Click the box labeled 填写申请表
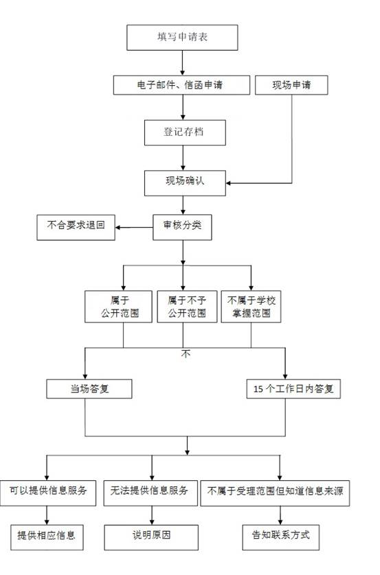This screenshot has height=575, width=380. (x=182, y=38)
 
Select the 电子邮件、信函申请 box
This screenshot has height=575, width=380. (x=181, y=85)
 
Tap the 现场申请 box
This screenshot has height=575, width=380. (x=291, y=85)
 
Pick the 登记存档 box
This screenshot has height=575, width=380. (x=185, y=132)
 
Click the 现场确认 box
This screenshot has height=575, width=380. (x=185, y=183)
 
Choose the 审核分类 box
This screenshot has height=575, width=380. (x=182, y=227)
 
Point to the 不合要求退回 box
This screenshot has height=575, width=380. (x=76, y=227)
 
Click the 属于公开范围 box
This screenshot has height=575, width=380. (x=118, y=307)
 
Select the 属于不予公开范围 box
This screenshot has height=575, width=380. (x=187, y=307)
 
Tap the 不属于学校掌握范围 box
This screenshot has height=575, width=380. (x=251, y=307)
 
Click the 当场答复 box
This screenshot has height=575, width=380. (x=89, y=389)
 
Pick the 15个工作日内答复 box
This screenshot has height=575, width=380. (x=293, y=389)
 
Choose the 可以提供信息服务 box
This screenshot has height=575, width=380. (x=47, y=493)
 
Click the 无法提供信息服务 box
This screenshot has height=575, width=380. (x=150, y=493)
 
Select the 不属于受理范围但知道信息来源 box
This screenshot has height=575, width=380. (x=275, y=493)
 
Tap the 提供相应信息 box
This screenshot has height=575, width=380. (x=47, y=537)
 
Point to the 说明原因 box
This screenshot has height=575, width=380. (x=151, y=537)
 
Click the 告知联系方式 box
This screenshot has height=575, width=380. (x=281, y=537)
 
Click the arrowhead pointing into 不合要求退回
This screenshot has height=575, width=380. (x=118, y=227)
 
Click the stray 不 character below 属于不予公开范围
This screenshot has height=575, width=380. (x=186, y=353)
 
